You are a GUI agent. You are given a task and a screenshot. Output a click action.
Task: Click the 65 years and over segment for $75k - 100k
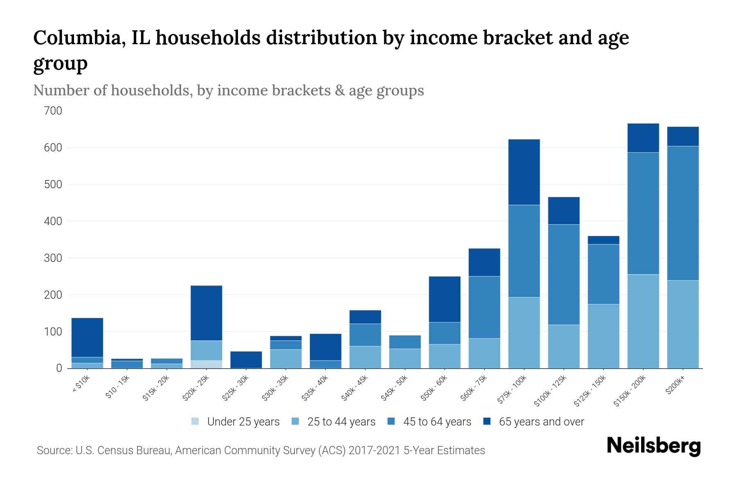click(524, 172)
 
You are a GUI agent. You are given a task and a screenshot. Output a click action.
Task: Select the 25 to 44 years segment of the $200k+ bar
click(682, 324)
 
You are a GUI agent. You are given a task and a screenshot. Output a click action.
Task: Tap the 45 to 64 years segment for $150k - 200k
click(643, 213)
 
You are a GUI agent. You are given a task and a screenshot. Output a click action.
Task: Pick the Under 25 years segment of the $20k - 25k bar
click(206, 364)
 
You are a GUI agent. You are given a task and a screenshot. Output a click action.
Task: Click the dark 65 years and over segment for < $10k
click(87, 338)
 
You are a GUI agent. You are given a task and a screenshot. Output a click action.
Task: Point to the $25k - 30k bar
click(246, 360)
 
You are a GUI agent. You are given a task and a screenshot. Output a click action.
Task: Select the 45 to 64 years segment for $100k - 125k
click(563, 275)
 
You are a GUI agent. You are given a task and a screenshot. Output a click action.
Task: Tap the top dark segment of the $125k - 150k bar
click(603, 240)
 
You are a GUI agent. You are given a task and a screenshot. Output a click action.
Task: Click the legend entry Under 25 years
click(236, 422)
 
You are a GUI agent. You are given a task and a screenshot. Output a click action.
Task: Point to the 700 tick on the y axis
click(53, 111)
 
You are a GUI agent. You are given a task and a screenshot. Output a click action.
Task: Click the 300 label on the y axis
click(53, 258)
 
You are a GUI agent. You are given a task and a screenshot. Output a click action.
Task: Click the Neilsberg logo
click(653, 446)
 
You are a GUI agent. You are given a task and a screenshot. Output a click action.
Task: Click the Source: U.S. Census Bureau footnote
click(260, 450)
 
